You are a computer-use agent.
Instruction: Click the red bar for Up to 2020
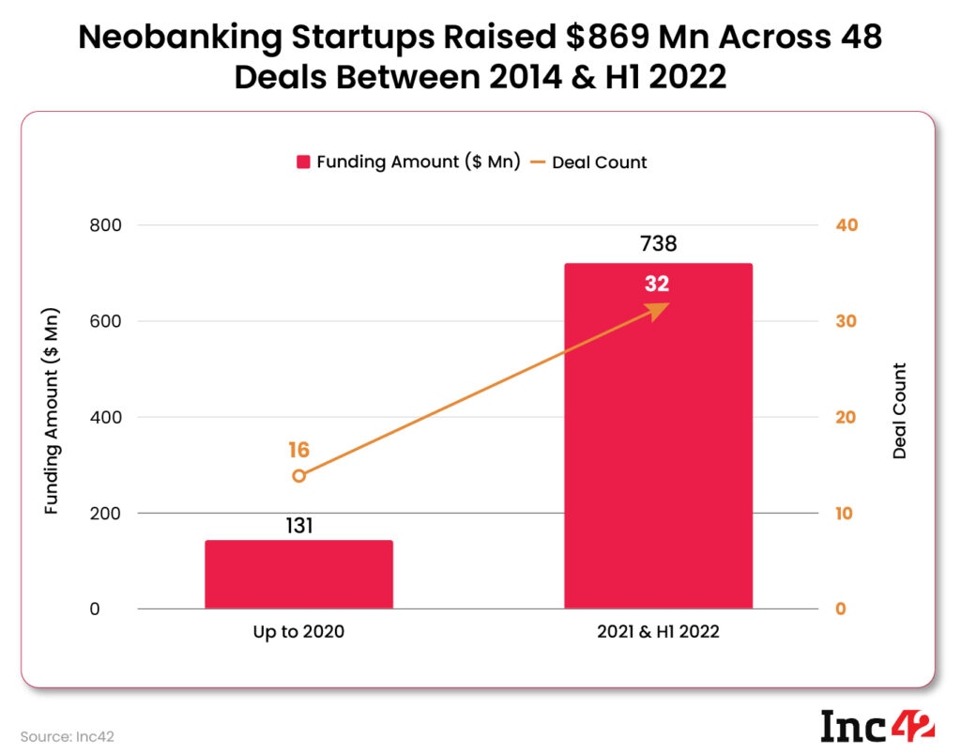coord(298,574)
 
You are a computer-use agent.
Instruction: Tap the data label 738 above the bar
coord(658,244)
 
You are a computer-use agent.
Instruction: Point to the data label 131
coord(298,525)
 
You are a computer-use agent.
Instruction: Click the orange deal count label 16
coord(298,450)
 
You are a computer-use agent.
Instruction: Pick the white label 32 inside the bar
coord(657,284)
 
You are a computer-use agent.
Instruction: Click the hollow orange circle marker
coord(298,476)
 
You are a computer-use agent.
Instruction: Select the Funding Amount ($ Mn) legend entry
coord(408,162)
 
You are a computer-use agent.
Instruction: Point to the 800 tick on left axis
coord(106,225)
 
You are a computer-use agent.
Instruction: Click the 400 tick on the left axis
coord(106,417)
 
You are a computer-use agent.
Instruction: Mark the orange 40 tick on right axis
coord(847,225)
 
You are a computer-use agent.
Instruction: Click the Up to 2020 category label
coord(298,632)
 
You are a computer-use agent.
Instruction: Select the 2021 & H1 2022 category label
coord(658,632)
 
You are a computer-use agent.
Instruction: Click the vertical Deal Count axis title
coord(899,410)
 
